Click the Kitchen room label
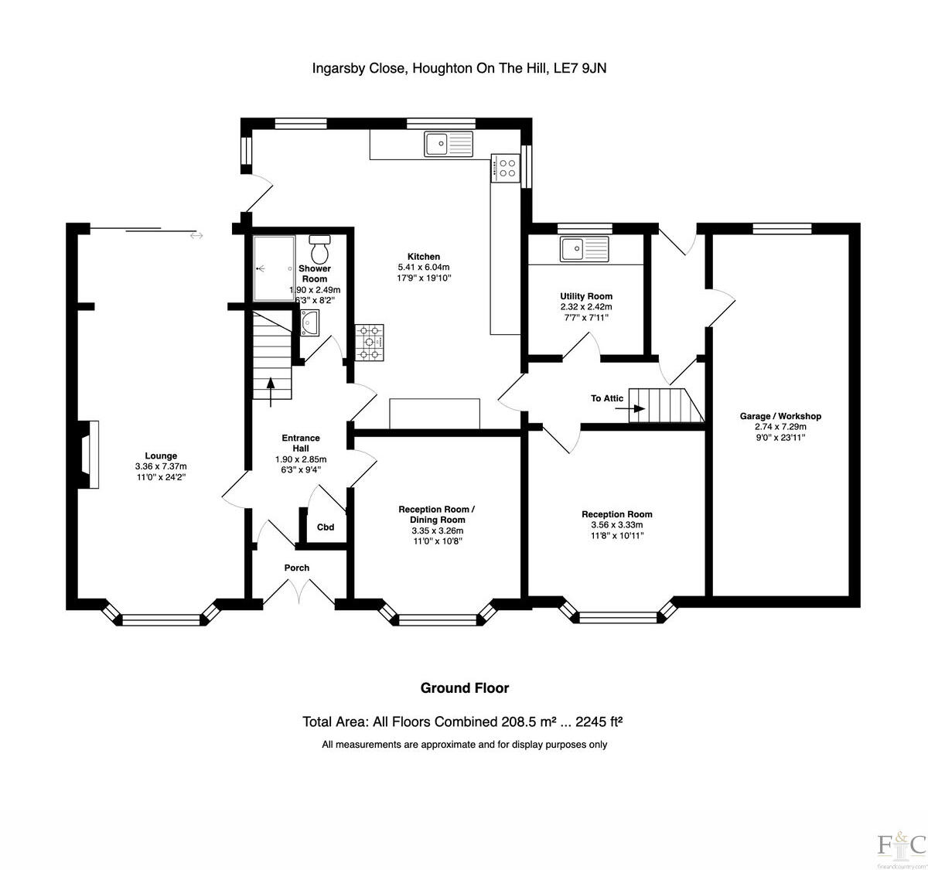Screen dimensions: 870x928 pyautogui.click(x=424, y=257)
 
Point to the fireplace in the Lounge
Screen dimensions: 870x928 pyautogui.click(x=90, y=455)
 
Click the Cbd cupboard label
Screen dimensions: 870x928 pyautogui.click(x=326, y=527)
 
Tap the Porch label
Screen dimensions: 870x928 pyautogui.click(x=297, y=568)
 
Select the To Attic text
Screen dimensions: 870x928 pyautogui.click(x=607, y=399)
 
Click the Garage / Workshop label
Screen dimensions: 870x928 pyautogui.click(x=780, y=416)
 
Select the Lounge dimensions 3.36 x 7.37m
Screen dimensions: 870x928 pyautogui.click(x=161, y=466)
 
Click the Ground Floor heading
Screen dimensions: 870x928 pyautogui.click(x=464, y=687)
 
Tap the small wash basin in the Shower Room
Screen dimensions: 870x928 pyautogui.click(x=310, y=322)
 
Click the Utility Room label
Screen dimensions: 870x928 pyautogui.click(x=586, y=296)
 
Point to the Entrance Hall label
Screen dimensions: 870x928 pyautogui.click(x=301, y=443)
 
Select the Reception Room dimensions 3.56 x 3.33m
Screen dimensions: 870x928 pyautogui.click(x=616, y=524)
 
